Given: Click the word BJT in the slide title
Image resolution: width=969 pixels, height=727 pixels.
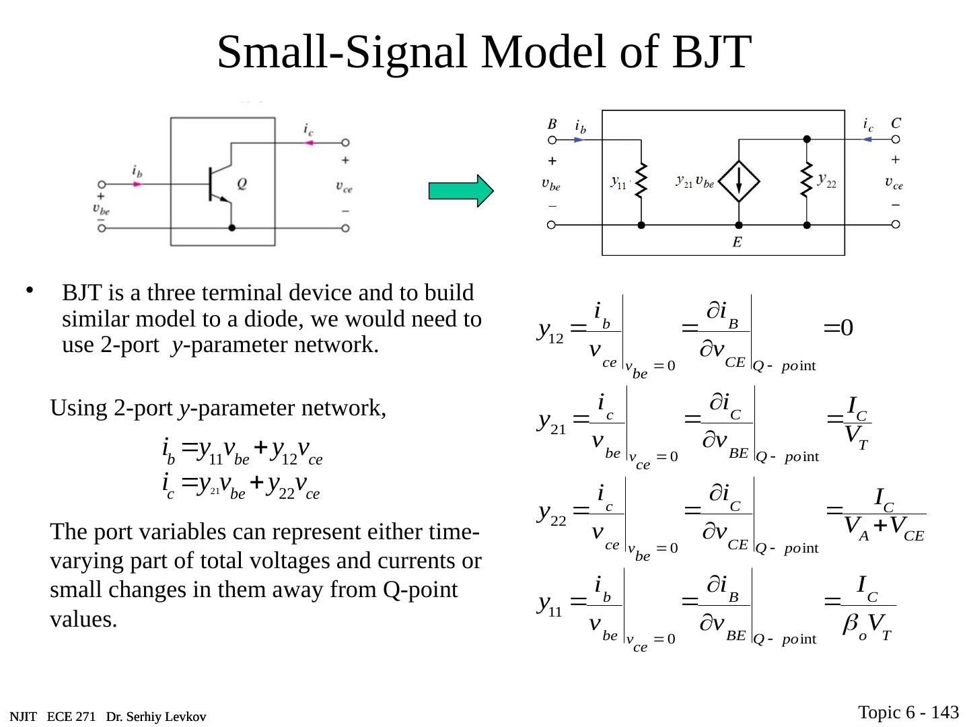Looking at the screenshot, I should pos(711,52).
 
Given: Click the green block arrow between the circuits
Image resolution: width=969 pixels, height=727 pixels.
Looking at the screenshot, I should pos(461,191).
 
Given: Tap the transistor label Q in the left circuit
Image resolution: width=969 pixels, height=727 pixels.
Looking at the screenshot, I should pos(241,183).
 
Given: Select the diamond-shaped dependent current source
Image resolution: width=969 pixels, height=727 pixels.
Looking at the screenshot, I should pos(739,181).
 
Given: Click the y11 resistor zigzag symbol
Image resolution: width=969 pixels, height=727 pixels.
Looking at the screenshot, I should pos(641,180).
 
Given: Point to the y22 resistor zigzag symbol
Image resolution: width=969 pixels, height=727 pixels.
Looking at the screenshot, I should pos(805,180).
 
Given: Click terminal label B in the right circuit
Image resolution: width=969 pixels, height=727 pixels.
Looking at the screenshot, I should pos(552,124).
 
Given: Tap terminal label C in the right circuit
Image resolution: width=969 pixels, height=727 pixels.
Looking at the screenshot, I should pos(896,123).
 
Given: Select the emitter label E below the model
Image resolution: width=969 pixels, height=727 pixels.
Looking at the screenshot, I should pos(738,242).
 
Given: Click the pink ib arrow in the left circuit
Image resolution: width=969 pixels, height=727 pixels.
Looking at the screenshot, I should pos(137,184).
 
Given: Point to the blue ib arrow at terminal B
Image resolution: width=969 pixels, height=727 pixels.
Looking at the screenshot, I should pos(579,140).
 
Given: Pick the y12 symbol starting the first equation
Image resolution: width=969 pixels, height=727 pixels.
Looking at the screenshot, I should pos(551,330).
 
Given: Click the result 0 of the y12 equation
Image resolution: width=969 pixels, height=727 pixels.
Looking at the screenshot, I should pos(847,328).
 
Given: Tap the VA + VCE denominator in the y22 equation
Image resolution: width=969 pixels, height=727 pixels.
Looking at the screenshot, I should pos(884,528).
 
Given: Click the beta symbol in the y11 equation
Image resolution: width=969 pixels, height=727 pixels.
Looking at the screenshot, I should pos(850,625).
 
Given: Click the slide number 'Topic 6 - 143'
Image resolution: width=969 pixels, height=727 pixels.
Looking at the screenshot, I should pos(908,712).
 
